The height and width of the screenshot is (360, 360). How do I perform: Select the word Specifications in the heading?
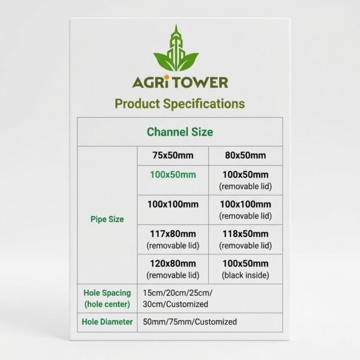[x=208, y=103]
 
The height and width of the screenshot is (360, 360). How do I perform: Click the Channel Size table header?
[x=179, y=131]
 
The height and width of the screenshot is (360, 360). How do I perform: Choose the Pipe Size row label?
[x=107, y=219]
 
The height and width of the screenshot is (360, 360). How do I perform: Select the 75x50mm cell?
[x=172, y=155]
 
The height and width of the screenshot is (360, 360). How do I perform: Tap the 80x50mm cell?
[x=246, y=155]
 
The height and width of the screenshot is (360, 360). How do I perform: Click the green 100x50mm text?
[x=172, y=175]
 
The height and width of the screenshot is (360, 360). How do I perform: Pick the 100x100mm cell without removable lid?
[x=172, y=205]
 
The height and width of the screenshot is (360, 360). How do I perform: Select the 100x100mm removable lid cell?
[x=246, y=209]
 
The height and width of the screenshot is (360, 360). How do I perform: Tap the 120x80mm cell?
[x=172, y=269]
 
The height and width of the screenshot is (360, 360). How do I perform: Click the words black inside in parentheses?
[x=246, y=275]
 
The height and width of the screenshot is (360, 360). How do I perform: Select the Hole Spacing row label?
[x=107, y=298]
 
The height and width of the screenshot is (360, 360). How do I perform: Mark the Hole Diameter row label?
[x=107, y=322]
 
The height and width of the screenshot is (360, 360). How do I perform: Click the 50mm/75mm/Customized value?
[x=190, y=322]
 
